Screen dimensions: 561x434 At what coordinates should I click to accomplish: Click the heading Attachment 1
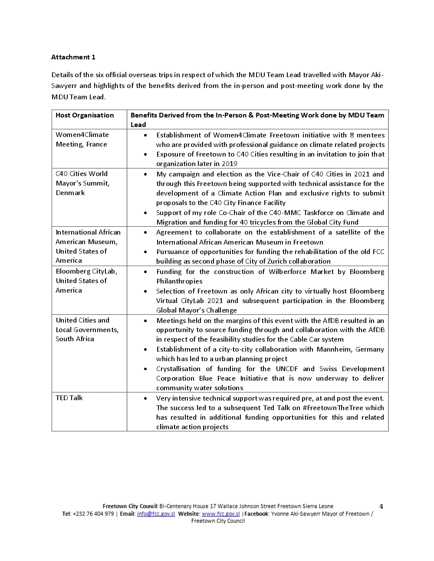coord(73,57)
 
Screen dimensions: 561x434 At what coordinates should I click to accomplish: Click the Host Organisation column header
coord(85,115)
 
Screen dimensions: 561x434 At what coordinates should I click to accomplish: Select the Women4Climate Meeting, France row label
coord(82,140)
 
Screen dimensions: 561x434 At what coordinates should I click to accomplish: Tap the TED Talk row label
coord(69,398)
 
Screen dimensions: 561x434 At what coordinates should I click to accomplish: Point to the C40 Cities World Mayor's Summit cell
coord(82,183)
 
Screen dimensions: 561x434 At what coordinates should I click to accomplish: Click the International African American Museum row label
coord(88,246)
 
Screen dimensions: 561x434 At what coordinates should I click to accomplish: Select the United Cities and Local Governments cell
coord(87,329)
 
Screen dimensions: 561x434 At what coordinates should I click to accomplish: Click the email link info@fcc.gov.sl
coord(156,514)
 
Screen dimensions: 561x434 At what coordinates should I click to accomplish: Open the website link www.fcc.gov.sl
coord(220,514)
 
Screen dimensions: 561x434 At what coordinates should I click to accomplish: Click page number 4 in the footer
coord(381,506)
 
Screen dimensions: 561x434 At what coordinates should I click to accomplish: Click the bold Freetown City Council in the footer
coord(130,506)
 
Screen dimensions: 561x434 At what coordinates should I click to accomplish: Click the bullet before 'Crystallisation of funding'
coord(145,369)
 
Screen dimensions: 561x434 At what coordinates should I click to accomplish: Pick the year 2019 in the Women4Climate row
coord(229,164)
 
